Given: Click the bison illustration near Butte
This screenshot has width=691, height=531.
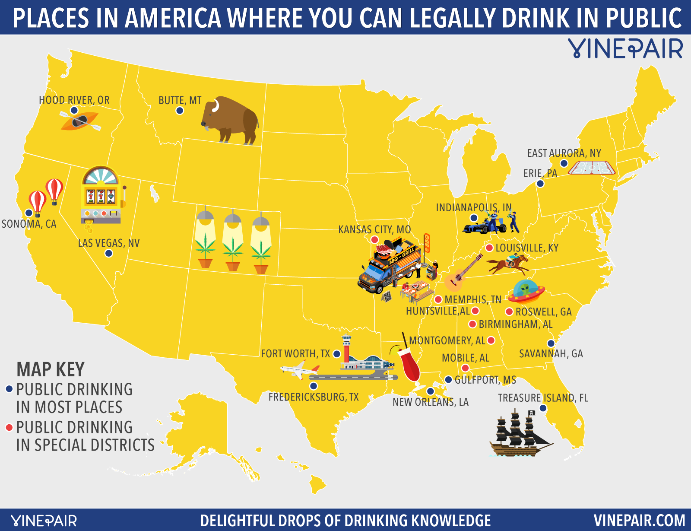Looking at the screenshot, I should coord(231,120).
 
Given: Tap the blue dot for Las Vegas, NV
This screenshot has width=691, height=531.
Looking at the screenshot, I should coord(109,254).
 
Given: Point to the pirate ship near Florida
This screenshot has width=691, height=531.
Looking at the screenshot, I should coord(518,434).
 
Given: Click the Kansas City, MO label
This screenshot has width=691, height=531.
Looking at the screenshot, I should coord(374,229).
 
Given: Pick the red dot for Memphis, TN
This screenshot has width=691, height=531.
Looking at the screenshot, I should coord(438,299).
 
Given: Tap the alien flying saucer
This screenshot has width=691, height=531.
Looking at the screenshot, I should coord(526,292).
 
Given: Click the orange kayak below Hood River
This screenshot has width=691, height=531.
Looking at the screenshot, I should coord(80,121).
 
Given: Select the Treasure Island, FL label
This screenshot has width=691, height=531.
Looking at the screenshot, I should coord(543,398).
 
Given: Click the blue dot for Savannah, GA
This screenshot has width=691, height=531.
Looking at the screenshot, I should coord(551,343).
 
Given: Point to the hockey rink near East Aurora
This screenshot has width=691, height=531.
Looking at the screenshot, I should coord(591,167).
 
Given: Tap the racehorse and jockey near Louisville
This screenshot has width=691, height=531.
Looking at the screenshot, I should coord(509,264).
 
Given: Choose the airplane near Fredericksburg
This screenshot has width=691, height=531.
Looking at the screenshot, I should coord(299,370).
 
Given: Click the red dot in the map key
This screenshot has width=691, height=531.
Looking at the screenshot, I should coord(9,428).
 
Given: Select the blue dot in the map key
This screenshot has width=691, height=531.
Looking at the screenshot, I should coord(9,389).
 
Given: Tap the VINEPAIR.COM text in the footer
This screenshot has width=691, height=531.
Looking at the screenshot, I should coord(639,520).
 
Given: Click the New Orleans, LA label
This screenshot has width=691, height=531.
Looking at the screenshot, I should coord(430,402).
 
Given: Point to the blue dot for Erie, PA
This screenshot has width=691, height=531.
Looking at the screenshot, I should coord(540,184).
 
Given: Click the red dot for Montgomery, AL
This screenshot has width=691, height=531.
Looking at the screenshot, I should coord(491,340).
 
